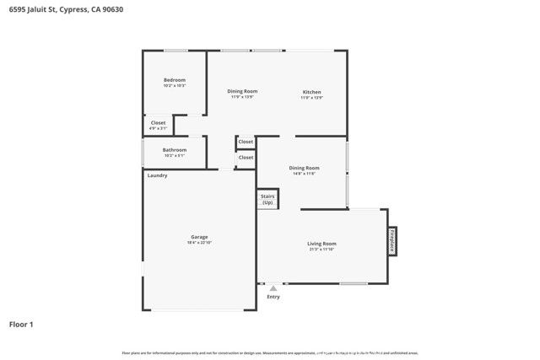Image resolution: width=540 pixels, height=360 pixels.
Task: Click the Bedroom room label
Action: [x=174, y=80]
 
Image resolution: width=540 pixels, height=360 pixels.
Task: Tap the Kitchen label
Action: [x=312, y=92]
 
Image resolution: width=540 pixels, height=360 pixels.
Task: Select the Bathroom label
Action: [x=174, y=150]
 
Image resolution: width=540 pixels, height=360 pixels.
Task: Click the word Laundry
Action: [x=157, y=175]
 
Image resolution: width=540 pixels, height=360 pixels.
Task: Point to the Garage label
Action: [x=199, y=237]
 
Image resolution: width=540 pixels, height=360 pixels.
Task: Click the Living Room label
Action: [x=321, y=244]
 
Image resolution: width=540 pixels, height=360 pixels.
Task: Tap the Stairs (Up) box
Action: [x=267, y=200]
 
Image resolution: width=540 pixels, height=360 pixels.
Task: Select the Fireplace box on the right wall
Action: [x=392, y=241]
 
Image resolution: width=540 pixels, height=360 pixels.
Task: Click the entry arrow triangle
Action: [x=273, y=288]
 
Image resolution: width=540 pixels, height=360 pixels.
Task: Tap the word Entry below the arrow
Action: [x=273, y=297]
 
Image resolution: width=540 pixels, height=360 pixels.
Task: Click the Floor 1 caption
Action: [x=21, y=324]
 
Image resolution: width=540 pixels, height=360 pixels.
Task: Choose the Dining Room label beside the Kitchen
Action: [x=242, y=91]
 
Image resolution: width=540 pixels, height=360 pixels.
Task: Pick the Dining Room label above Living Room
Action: [x=304, y=168]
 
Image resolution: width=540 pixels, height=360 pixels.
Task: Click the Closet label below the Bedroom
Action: [x=158, y=123]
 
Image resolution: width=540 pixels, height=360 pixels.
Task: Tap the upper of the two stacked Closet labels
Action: [x=246, y=142]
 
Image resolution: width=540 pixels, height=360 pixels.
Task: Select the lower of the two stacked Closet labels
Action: [x=246, y=158]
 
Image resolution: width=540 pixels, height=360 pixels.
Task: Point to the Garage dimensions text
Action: [x=199, y=243]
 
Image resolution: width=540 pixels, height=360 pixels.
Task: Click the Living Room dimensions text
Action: [x=321, y=250]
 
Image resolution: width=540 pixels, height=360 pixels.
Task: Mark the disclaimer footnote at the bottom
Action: [x=270, y=352]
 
